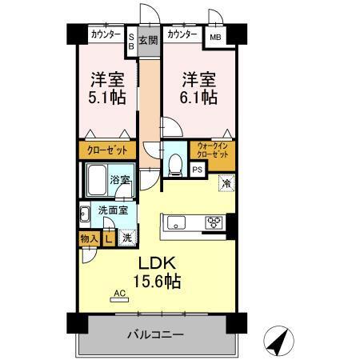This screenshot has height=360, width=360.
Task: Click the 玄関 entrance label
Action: pyautogui.click(x=147, y=40)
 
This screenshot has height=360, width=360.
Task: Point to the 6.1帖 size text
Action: pyautogui.click(x=198, y=98)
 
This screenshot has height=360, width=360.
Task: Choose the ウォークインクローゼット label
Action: pyautogui.click(x=214, y=150)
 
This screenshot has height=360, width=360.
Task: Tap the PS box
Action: pyautogui.click(x=197, y=170)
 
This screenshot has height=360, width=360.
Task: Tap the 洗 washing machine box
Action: pyautogui.click(x=126, y=237)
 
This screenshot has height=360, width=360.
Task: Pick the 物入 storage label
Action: pyautogui.click(x=89, y=237)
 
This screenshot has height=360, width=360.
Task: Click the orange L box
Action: pyautogui.click(x=108, y=237)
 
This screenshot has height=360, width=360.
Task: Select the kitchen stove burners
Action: pyautogui.click(x=215, y=222)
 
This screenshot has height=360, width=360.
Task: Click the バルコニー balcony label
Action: pyautogui.click(x=156, y=334)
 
